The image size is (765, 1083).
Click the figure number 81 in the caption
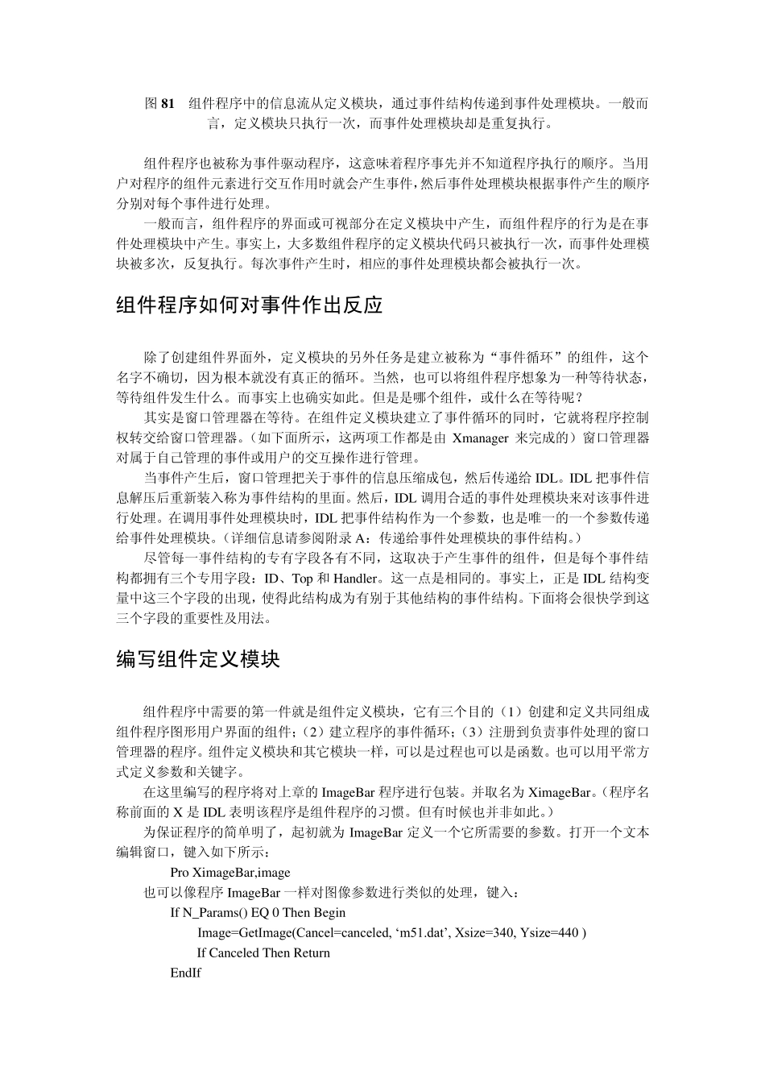click(x=167, y=103)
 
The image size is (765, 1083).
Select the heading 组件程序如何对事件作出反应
click(x=249, y=305)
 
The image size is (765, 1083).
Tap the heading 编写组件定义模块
click(x=198, y=659)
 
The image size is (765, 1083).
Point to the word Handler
click(x=354, y=579)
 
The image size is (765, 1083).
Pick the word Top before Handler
click(x=303, y=579)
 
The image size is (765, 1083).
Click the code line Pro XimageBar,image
click(x=230, y=873)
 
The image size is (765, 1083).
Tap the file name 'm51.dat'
click(x=421, y=933)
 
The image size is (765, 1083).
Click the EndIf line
click(x=185, y=973)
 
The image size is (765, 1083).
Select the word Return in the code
click(x=312, y=953)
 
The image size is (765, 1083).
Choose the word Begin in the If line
click(x=329, y=913)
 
